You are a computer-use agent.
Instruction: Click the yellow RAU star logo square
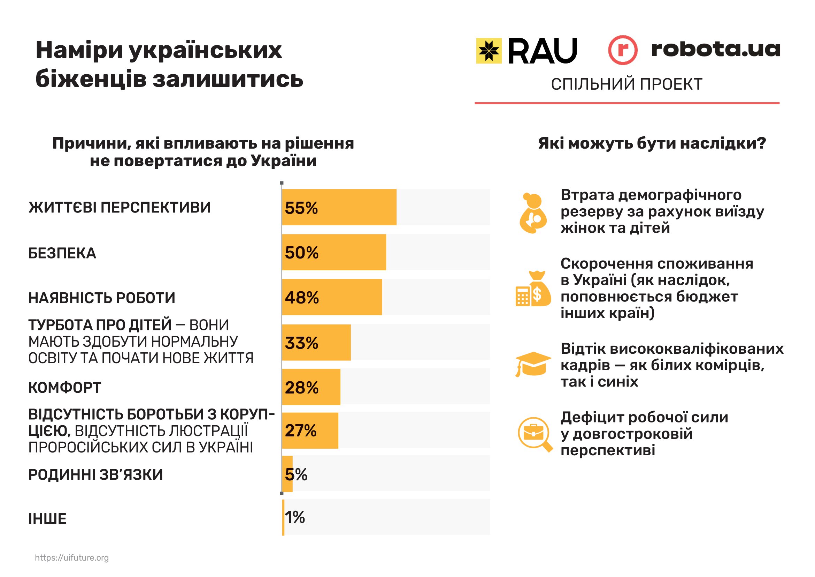[489, 51]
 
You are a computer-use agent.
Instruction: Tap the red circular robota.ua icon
[623, 50]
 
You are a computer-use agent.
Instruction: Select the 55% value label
[301, 208]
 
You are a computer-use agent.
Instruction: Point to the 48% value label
[302, 298]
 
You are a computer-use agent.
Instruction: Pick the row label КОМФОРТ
[64, 388]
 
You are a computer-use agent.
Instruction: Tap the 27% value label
[300, 430]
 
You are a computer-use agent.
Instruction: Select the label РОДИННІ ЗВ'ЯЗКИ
[95, 475]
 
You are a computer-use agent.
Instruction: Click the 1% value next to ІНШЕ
[295, 517]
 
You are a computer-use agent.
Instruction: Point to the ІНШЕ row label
[47, 519]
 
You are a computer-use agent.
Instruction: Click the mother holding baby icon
[533, 213]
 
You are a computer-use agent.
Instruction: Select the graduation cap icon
[533, 364]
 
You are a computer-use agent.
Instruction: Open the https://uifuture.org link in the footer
[72, 558]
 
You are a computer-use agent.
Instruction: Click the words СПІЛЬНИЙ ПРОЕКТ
[626, 84]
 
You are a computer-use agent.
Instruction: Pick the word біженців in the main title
[91, 79]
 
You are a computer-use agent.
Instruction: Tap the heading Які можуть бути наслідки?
[652, 143]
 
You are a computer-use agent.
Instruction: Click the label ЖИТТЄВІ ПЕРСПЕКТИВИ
[120, 208]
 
